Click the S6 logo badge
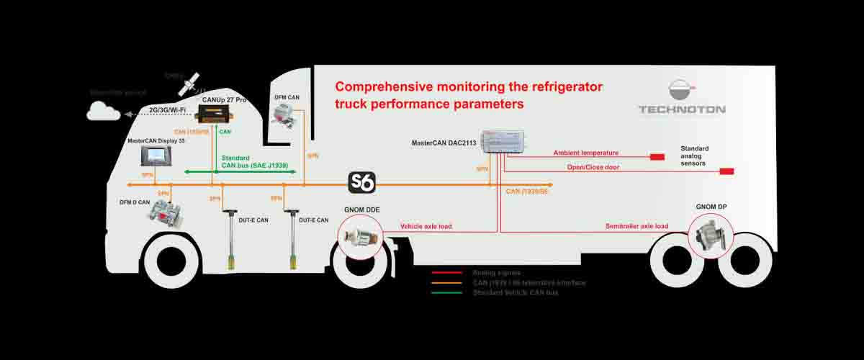point(361,183)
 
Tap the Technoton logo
point(682,98)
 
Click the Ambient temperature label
point(585,153)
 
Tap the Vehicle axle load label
point(426,227)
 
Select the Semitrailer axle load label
point(636,227)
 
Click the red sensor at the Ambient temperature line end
point(657,156)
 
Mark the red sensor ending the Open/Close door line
point(726,171)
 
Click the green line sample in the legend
point(446,293)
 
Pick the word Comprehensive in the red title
point(384,87)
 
